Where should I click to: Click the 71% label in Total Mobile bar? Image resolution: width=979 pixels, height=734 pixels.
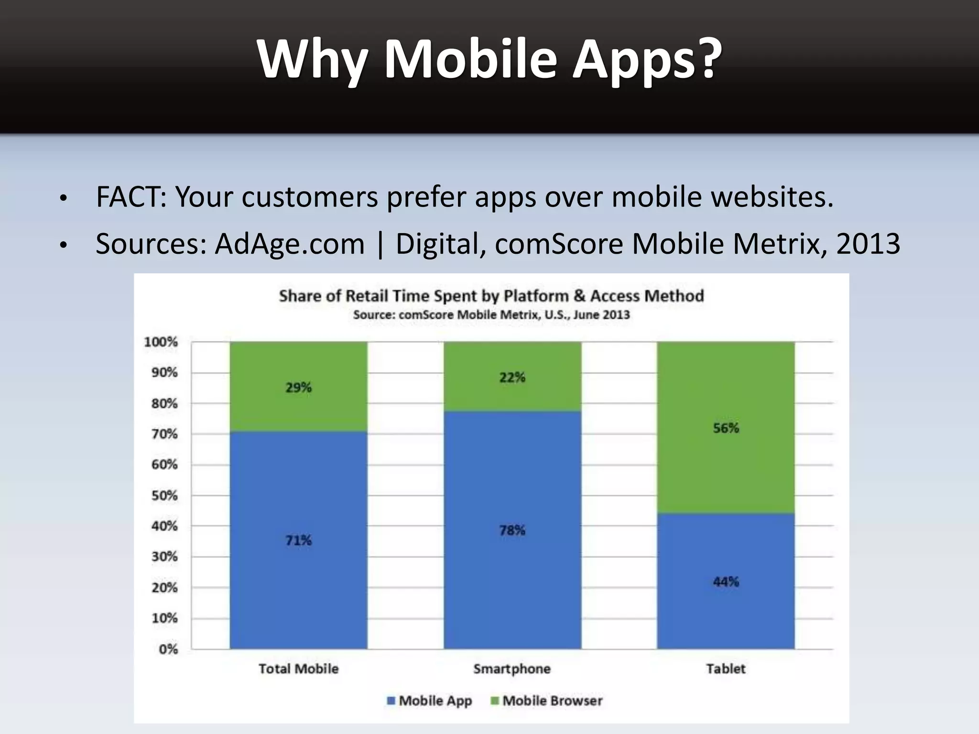pyautogui.click(x=298, y=540)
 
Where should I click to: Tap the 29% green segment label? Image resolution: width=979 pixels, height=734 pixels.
pyautogui.click(x=298, y=387)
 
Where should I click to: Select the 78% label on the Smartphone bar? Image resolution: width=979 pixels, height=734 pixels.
pyautogui.click(x=512, y=530)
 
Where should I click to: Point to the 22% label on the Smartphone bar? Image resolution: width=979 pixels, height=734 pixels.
pyautogui.click(x=512, y=378)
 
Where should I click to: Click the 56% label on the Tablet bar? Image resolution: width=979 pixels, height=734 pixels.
pyautogui.click(x=726, y=428)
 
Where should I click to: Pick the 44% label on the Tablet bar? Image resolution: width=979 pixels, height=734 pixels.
pyautogui.click(x=726, y=582)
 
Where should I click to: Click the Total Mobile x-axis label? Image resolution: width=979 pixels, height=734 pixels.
pyautogui.click(x=298, y=669)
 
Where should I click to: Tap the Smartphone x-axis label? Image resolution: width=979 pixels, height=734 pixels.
pyautogui.click(x=512, y=669)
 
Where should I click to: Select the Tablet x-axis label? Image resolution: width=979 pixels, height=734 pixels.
pyautogui.click(x=726, y=669)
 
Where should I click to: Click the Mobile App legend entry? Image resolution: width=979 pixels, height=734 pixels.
pyautogui.click(x=430, y=701)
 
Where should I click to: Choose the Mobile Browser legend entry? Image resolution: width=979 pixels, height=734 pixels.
pyautogui.click(x=547, y=701)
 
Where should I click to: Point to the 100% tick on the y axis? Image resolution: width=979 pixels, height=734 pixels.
pyautogui.click(x=161, y=342)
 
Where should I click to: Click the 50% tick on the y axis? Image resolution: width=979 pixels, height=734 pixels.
pyautogui.click(x=164, y=496)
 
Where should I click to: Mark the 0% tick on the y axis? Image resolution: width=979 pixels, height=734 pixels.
pyautogui.click(x=168, y=649)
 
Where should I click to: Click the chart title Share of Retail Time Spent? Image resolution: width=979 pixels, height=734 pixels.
pyautogui.click(x=491, y=296)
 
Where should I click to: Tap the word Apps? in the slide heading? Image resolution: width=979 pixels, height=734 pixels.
pyautogui.click(x=647, y=59)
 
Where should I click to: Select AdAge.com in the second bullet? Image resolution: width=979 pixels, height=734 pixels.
pyautogui.click(x=290, y=244)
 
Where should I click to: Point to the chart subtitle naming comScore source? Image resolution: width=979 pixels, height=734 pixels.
pyautogui.click(x=491, y=315)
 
